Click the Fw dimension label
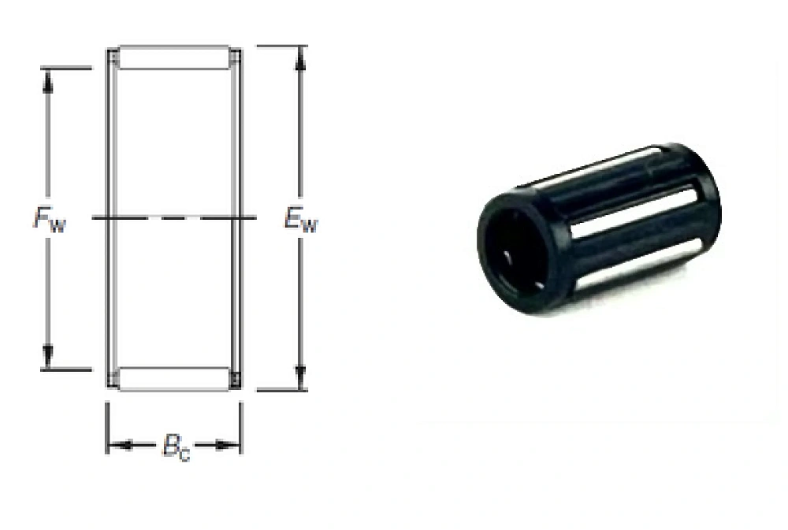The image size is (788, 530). [49, 220]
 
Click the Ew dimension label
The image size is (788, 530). [301, 220]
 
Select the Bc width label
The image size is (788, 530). [177, 447]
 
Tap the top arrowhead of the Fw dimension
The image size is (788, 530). [48, 81]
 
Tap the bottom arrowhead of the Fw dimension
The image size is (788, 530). [48, 357]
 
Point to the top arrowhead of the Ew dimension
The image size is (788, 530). [300, 59]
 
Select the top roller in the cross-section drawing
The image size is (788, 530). [174, 57]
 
